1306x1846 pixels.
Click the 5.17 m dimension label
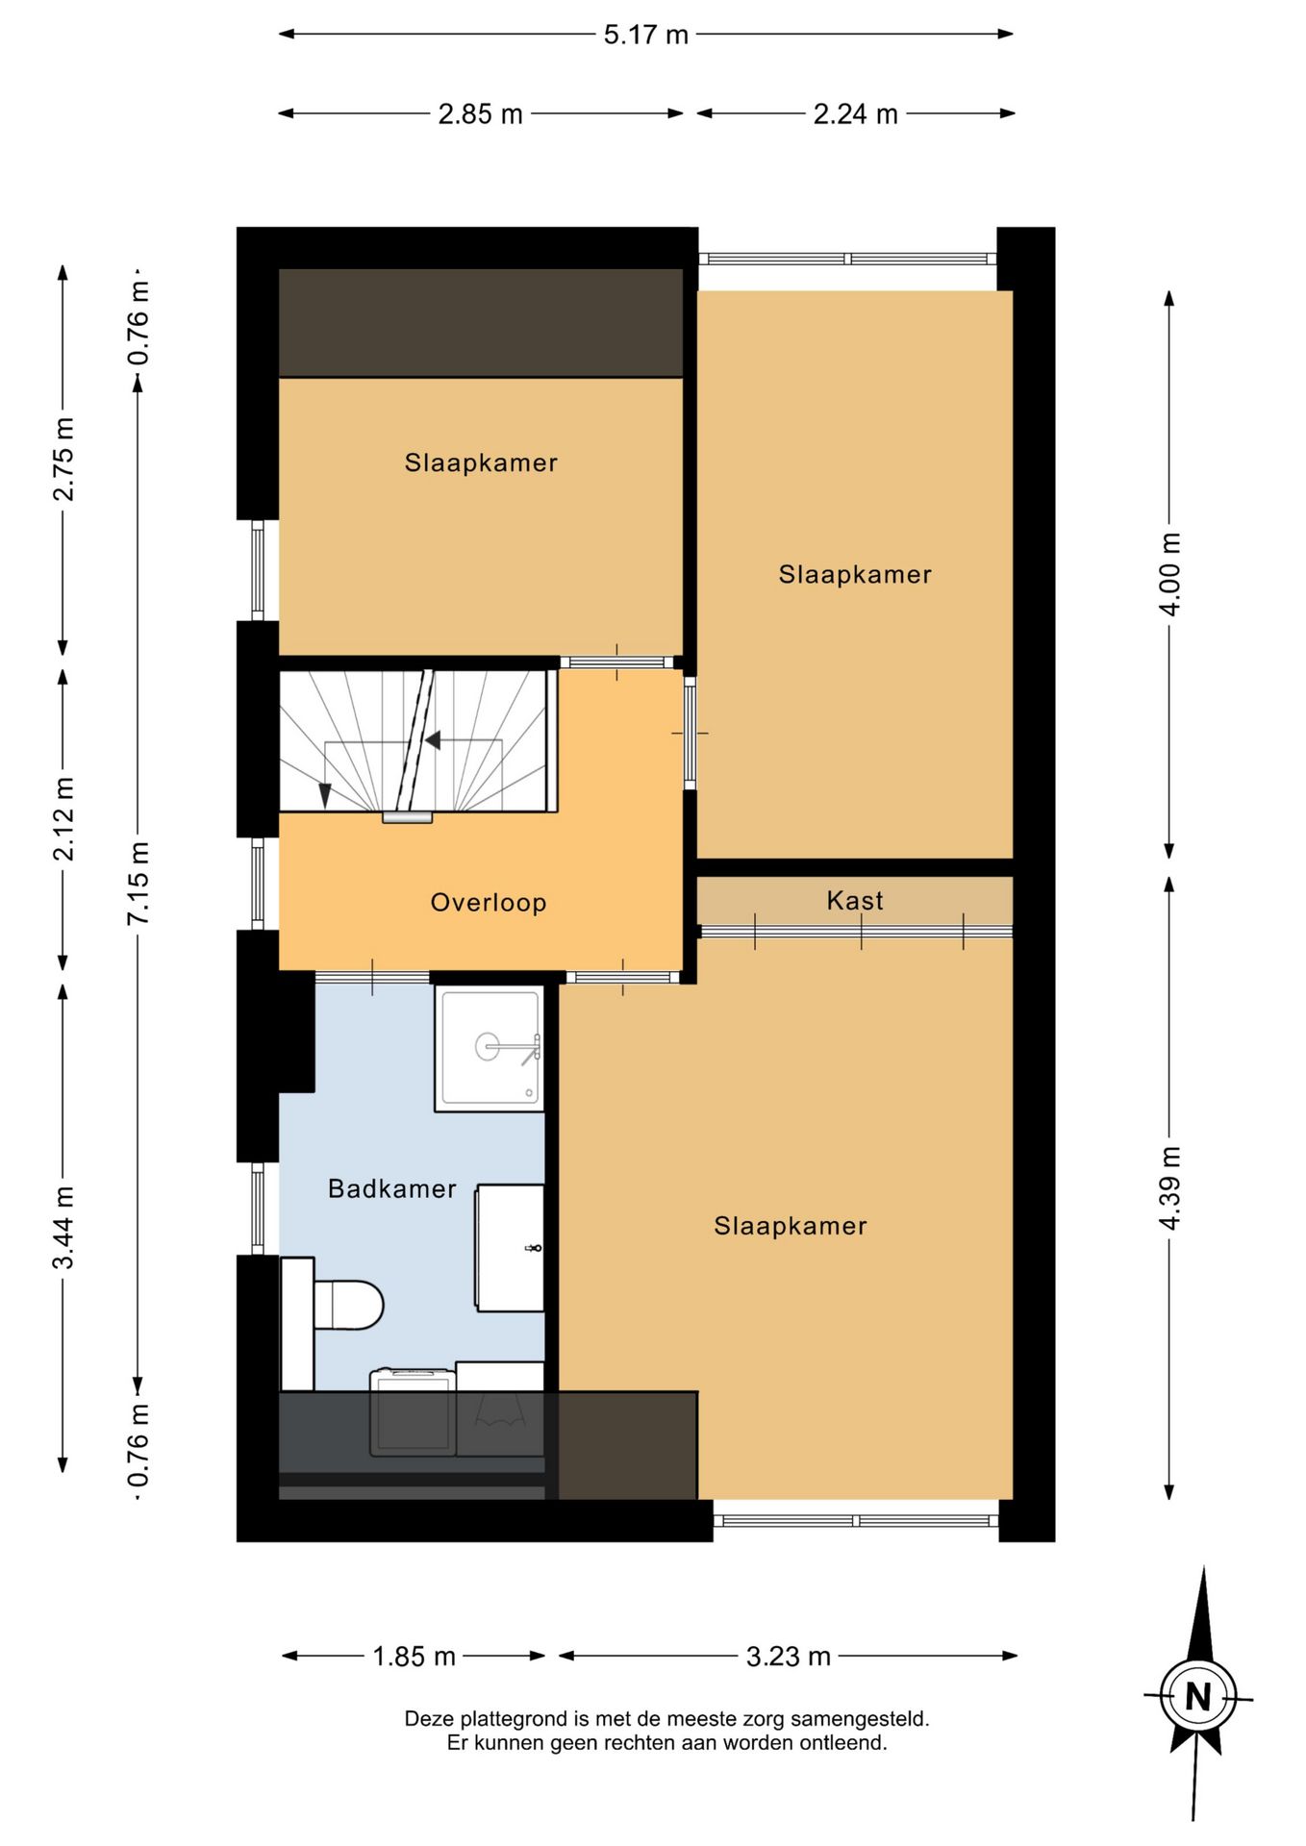point(645,35)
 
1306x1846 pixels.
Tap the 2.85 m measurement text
point(480,114)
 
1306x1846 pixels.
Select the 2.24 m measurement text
point(855,114)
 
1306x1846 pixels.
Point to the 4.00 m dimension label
point(1169,574)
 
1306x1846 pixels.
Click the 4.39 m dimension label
point(1169,1188)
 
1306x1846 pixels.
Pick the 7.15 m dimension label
point(138,884)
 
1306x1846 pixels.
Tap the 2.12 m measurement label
point(63,819)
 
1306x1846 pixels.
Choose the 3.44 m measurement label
point(63,1228)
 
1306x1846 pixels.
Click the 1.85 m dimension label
point(414,1657)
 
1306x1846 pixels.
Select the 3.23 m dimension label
point(788,1657)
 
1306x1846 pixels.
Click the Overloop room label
point(489,903)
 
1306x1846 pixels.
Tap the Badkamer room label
point(392,1189)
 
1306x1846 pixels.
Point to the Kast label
point(855,901)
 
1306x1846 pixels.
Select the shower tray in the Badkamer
point(490,1048)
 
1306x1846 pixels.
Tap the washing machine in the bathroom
point(413,1411)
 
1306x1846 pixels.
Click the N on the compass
point(1197,1697)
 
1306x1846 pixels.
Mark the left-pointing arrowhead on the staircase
point(433,740)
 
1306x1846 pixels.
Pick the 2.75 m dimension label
point(63,459)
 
